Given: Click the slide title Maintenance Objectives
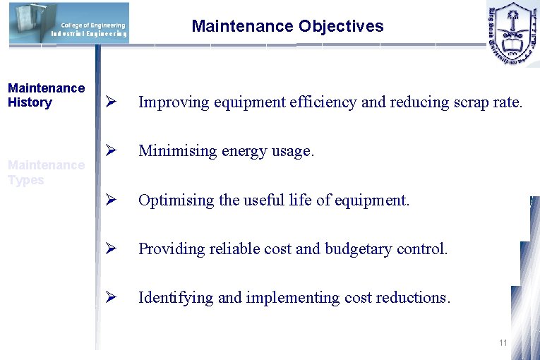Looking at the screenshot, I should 287,27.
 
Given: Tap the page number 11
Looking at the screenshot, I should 503,343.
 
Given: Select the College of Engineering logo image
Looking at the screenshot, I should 69,23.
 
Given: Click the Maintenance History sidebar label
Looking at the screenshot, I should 46,95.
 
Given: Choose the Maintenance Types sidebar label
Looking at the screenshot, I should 46,172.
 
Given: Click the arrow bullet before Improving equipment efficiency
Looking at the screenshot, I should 110,102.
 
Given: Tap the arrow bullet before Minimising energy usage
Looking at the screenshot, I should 110,151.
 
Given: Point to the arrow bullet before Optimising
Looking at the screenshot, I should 110,200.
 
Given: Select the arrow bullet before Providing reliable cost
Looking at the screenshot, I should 110,248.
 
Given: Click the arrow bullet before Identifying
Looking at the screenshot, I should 110,297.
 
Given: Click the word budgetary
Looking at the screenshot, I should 361,249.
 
